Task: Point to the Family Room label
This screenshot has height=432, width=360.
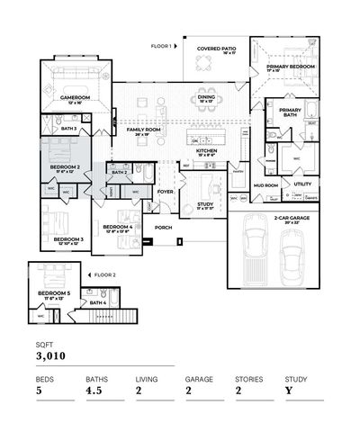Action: [x=143, y=131]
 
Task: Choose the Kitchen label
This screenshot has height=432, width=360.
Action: [x=206, y=151]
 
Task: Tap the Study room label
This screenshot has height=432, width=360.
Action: [x=205, y=205]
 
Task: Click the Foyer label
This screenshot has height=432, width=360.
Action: [x=166, y=192]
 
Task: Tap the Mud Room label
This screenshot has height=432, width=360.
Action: [x=265, y=184]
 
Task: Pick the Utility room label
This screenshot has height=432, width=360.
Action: [x=302, y=184]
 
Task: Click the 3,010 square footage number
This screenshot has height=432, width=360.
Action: [x=51, y=357]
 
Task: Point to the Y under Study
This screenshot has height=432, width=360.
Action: [x=289, y=391]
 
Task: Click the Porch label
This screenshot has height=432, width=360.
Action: [x=164, y=228]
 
